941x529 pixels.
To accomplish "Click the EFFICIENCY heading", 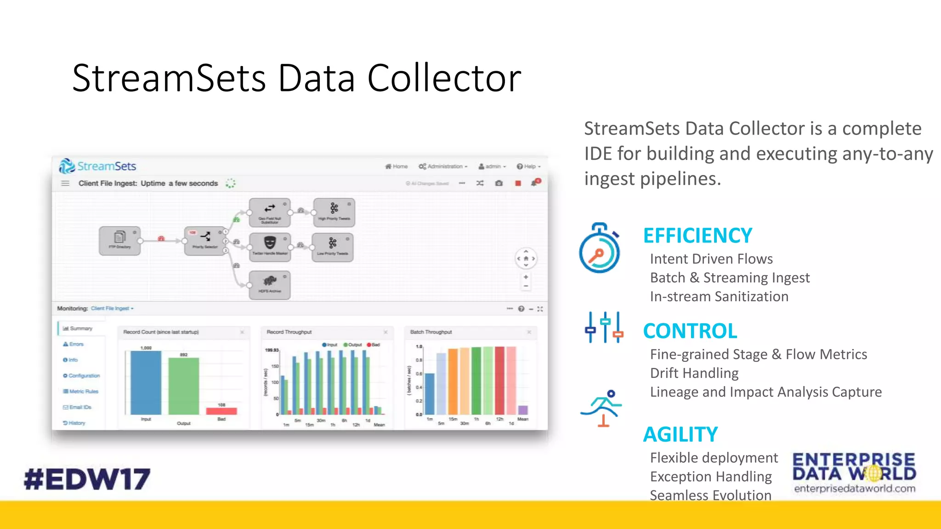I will [x=697, y=236].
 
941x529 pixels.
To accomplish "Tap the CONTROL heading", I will [x=690, y=331].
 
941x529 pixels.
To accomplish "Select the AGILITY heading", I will [x=680, y=434].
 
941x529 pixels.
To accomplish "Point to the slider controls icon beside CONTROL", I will [x=604, y=327].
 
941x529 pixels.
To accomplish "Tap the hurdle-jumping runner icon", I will [x=601, y=408].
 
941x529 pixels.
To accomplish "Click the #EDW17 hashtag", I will [x=87, y=479].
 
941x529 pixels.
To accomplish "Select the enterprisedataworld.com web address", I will [x=854, y=489].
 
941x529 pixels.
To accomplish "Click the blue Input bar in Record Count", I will [x=146, y=383].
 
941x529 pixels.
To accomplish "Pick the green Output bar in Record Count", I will [x=183, y=386].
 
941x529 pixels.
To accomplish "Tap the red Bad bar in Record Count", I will [x=221, y=411].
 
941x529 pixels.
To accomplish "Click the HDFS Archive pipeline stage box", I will [x=270, y=285].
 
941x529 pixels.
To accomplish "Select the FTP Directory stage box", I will [x=119, y=241].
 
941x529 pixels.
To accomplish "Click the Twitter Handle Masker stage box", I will [x=270, y=247].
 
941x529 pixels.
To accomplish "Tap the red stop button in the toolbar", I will [x=518, y=183].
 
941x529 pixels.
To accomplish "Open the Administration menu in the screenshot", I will [x=443, y=166].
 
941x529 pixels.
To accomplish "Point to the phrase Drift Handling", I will [x=694, y=373].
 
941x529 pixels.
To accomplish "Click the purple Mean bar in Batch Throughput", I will [x=523, y=410].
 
